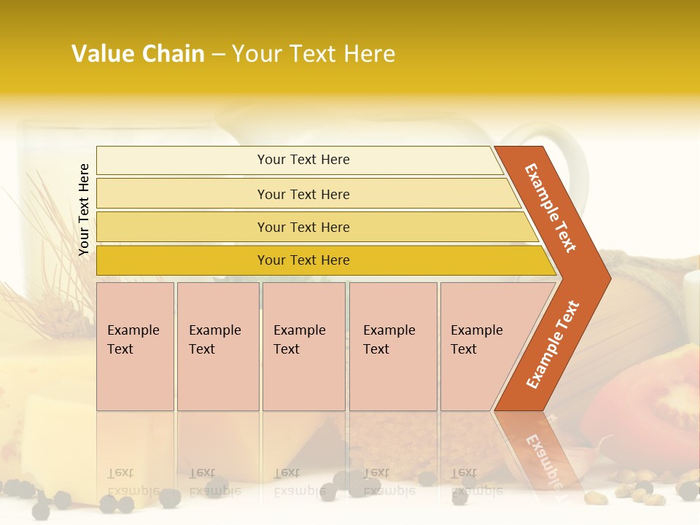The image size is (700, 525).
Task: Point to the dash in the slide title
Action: [x=218, y=55]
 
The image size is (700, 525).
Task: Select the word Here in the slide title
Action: [x=369, y=54]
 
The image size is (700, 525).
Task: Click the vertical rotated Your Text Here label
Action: [x=84, y=209]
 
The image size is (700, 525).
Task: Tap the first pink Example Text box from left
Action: [x=135, y=346]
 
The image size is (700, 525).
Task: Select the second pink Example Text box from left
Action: [x=218, y=346]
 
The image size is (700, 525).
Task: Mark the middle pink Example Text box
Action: [x=303, y=346]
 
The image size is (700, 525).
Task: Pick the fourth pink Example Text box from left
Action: [x=393, y=346]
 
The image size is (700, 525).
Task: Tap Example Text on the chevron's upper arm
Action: [x=551, y=208]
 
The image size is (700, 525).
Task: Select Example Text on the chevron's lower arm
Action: [x=552, y=345]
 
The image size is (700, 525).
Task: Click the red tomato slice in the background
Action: [x=656, y=401]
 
